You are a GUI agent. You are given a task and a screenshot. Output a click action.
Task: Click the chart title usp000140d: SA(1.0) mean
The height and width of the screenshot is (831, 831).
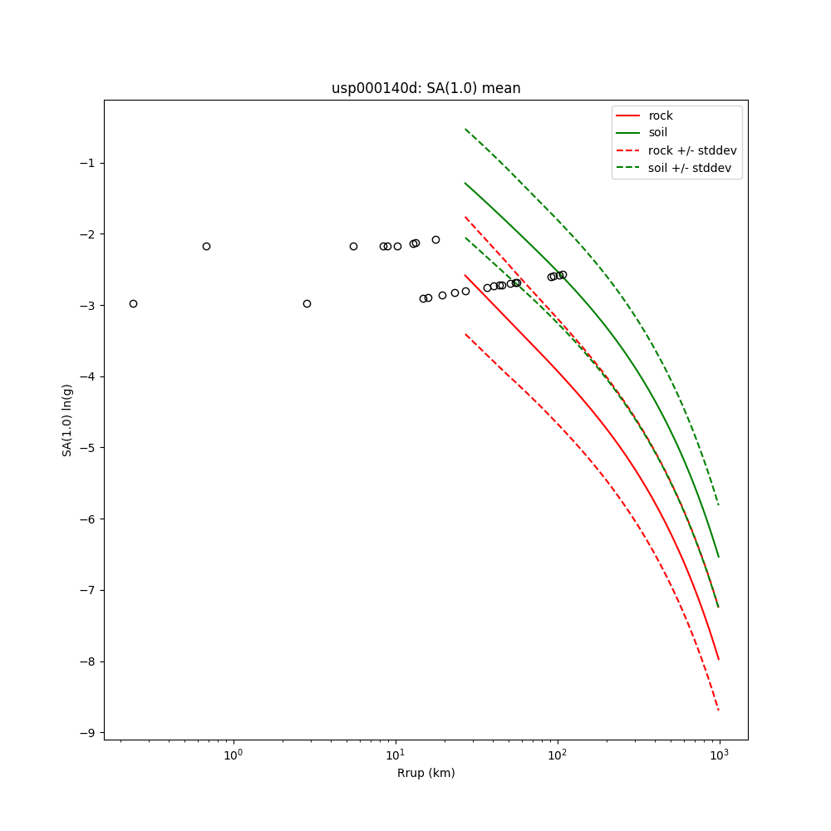(x=425, y=88)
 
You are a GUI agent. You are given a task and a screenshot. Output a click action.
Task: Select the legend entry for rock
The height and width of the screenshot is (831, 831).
(x=661, y=116)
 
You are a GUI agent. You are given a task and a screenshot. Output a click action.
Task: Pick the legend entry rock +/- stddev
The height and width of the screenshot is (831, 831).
(x=692, y=150)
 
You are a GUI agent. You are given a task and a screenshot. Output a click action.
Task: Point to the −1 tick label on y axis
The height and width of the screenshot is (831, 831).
(x=86, y=163)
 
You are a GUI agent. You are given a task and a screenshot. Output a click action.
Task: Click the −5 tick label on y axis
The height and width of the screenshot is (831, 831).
(x=86, y=448)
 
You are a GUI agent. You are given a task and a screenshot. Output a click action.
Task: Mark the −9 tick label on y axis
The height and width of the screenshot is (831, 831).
(x=86, y=733)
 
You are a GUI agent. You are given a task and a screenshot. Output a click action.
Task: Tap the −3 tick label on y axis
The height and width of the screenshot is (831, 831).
(x=86, y=306)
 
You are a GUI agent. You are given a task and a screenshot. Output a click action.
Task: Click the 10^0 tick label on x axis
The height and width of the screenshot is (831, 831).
(x=234, y=754)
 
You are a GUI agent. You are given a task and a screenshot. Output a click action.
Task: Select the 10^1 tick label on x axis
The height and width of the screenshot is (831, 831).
(x=396, y=754)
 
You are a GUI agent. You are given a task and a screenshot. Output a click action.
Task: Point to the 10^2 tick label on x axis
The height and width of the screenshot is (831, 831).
(x=558, y=754)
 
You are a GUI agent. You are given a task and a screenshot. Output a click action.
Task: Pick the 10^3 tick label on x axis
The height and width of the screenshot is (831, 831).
(x=720, y=754)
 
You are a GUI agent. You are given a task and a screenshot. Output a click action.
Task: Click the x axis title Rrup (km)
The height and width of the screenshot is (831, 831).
(x=425, y=773)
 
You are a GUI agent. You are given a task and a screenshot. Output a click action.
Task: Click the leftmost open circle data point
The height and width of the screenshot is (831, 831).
(x=133, y=303)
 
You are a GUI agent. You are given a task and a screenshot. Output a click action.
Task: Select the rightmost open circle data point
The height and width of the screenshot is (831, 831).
(x=563, y=274)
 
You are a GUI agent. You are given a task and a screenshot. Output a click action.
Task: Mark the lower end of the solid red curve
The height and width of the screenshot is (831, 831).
(x=718, y=660)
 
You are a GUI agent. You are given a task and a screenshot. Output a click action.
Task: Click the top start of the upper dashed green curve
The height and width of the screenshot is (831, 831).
(x=465, y=129)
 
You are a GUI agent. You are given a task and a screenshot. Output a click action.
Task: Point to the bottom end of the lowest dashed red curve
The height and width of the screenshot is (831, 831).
(x=718, y=710)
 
